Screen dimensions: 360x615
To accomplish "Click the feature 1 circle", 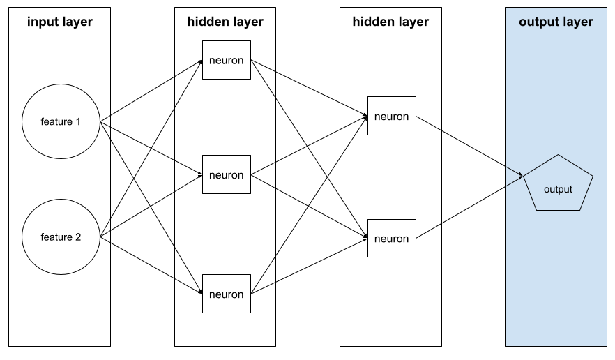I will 61,122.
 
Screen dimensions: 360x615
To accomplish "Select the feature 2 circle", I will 61,237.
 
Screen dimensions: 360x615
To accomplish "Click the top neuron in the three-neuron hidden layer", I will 226,60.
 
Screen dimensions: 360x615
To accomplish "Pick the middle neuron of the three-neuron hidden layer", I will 226,174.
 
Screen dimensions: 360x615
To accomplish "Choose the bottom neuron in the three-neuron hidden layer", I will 226,294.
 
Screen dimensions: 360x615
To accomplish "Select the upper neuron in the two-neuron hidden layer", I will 391,116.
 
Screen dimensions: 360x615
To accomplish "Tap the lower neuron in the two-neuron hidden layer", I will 391,239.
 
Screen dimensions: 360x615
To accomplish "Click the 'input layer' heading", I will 60,22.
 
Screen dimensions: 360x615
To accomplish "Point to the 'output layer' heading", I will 556,22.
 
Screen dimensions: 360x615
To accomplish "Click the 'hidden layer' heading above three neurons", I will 225,22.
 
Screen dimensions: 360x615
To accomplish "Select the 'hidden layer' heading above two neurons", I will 390,22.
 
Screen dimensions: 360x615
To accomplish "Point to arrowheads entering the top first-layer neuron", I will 199,61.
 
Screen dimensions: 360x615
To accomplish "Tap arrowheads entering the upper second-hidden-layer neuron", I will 365,117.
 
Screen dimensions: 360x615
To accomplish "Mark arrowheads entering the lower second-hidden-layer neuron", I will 365,238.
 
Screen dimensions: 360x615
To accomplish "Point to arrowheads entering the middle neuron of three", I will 199,174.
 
